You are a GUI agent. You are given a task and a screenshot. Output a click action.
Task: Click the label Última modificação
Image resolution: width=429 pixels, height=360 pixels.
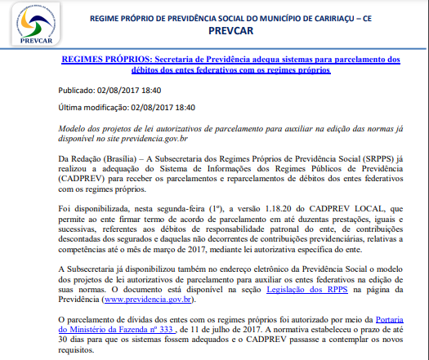(x=94, y=108)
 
